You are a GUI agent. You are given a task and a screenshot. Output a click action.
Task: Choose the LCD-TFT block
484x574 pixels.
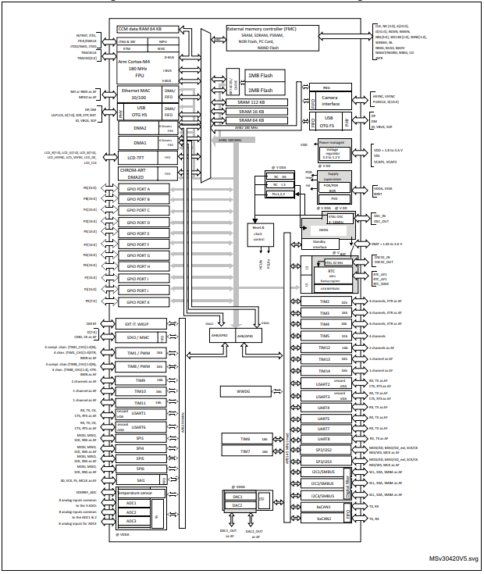click(137, 157)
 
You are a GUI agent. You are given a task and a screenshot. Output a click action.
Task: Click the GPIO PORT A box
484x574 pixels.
click(138, 190)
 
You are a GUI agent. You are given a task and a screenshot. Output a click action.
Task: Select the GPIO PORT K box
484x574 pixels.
click(138, 301)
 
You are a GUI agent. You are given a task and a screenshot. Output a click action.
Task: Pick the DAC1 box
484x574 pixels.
click(237, 496)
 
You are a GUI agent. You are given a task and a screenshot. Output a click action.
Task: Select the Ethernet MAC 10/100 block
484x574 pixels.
click(137, 94)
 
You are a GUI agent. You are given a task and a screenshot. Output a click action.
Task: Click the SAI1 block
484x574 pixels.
click(141, 480)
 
